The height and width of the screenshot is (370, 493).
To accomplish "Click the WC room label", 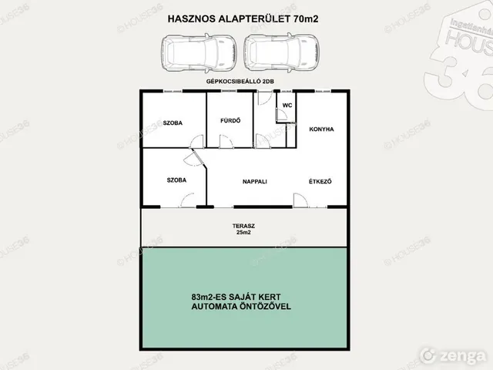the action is click(x=287, y=106).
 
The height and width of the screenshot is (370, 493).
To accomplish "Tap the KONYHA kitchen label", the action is click(x=321, y=129).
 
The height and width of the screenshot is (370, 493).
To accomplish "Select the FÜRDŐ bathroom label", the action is click(x=230, y=120).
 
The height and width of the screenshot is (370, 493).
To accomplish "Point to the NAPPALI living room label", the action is click(x=255, y=182).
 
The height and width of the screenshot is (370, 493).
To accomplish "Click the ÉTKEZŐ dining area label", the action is click(x=320, y=181).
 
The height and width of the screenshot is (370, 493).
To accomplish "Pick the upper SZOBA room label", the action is click(x=173, y=123).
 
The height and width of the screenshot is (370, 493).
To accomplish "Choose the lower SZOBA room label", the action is click(x=176, y=180).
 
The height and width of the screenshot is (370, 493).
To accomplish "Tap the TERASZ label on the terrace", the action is click(x=243, y=226).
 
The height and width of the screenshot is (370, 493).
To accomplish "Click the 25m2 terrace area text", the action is click(x=243, y=233).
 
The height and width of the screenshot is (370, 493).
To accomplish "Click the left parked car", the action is click(x=199, y=53).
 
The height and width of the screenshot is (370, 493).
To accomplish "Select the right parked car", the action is click(x=282, y=53).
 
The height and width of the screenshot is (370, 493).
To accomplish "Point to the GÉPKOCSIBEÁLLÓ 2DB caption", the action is click(x=240, y=81).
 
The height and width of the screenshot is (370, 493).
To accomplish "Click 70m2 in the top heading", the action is click(x=306, y=18).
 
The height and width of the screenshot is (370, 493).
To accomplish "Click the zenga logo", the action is click(x=453, y=356).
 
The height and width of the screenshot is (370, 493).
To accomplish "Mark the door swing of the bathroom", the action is click(x=226, y=141).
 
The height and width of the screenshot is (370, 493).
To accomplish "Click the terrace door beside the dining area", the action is click(x=300, y=200).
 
